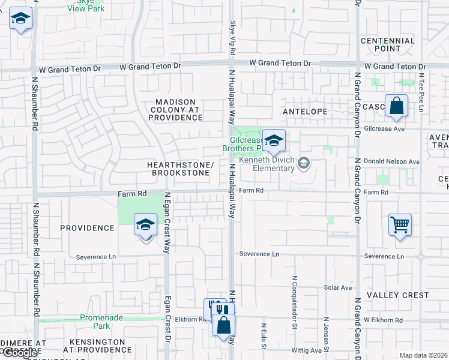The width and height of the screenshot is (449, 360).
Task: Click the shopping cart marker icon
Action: pyautogui.click(x=400, y=226)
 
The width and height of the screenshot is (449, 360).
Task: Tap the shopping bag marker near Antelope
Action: pyautogui.click(x=397, y=106)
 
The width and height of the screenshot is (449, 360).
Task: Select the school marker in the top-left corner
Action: pyautogui.click(x=20, y=19)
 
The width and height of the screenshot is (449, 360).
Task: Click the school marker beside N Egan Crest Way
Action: pyautogui.click(x=145, y=226)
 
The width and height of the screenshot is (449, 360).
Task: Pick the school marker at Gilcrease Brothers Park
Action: pyautogui.click(x=274, y=142)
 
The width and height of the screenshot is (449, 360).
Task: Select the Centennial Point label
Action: pyautogui.click(x=388, y=44)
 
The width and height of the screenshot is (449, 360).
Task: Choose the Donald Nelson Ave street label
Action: pyautogui.click(x=391, y=162)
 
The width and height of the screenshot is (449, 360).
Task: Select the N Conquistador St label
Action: pyautogui.click(x=295, y=295)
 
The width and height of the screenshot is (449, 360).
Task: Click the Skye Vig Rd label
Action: pyautogui.click(x=233, y=35)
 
